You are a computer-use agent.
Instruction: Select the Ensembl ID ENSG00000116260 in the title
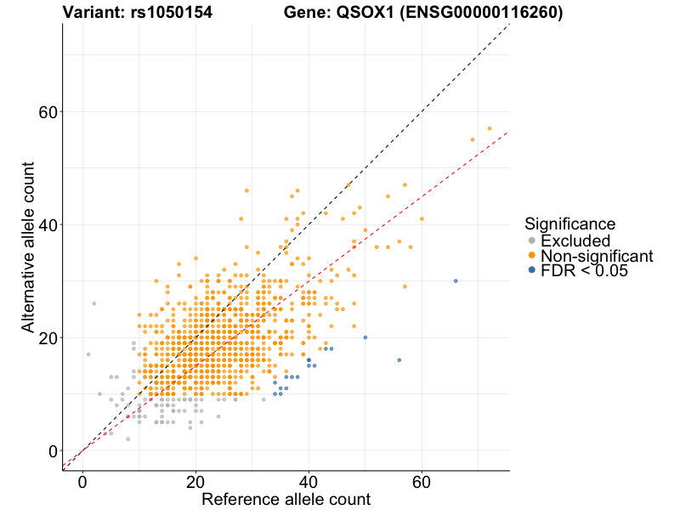click(487, 13)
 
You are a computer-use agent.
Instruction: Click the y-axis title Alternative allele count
click(28, 247)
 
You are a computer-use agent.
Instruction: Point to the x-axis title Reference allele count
click(286, 499)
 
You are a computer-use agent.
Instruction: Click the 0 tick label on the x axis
click(82, 481)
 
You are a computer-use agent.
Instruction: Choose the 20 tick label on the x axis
click(195, 481)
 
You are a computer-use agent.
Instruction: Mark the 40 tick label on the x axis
click(309, 481)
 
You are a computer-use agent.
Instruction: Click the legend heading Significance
click(569, 224)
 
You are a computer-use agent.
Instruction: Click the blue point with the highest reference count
click(456, 280)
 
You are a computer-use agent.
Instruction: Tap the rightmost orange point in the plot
click(490, 128)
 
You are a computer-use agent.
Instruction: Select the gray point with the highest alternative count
click(93, 303)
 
